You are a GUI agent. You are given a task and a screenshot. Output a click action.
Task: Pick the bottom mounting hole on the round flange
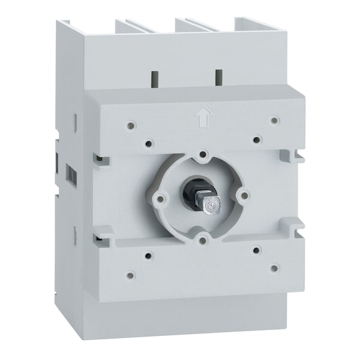203,241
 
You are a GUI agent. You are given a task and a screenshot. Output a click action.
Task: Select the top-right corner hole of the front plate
274,120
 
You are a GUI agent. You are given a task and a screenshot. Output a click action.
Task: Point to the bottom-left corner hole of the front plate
129,275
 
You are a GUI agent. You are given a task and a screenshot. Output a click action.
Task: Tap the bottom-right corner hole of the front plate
274,268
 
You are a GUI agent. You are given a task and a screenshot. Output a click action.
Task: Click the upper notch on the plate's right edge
296,155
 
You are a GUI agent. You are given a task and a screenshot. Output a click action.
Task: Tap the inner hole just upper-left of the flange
148,143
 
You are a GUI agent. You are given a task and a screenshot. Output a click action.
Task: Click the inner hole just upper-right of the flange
256,140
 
